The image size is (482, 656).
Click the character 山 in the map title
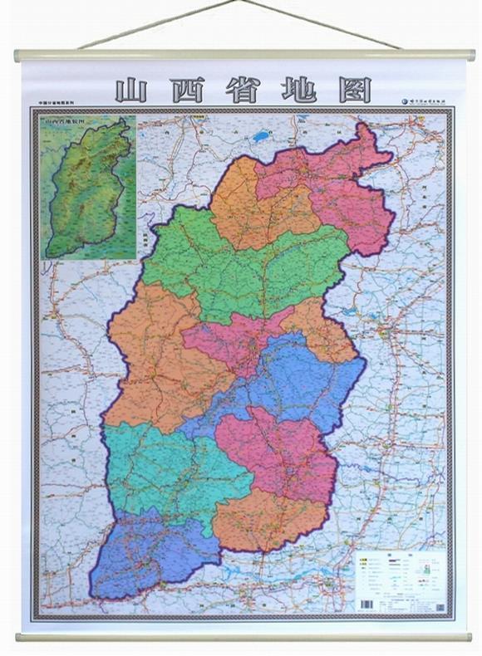pos(131,90)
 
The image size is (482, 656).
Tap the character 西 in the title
pos(188,90)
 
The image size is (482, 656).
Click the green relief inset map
pos(88,188)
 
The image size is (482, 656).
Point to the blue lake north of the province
pos(262,135)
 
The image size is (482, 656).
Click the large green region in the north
pos(241,266)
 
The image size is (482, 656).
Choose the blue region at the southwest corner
pos(150,552)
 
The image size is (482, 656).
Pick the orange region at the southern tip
pos(266,519)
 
